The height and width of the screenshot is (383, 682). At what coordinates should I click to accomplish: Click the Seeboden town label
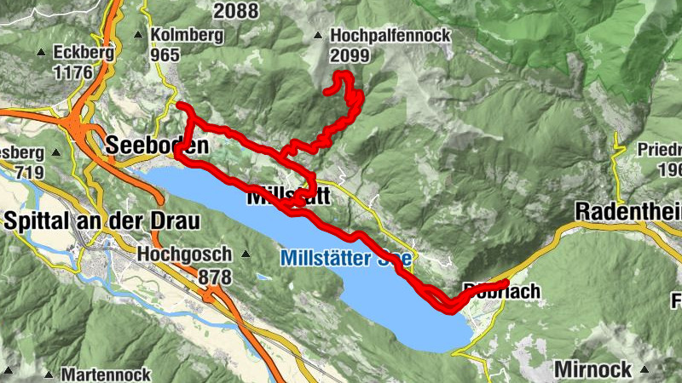pyautogui.click(x=157, y=146)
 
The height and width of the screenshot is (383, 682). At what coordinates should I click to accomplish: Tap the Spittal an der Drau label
pyautogui.click(x=101, y=220)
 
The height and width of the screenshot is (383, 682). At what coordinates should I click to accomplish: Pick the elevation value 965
pyautogui.click(x=165, y=54)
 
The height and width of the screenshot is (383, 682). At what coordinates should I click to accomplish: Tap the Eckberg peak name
pyautogui.click(x=83, y=52)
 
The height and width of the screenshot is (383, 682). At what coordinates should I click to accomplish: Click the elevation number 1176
pyautogui.click(x=72, y=71)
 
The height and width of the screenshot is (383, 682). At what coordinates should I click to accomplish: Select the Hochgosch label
pyautogui.click(x=184, y=254)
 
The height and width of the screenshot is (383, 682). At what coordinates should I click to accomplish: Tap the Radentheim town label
pyautogui.click(x=628, y=210)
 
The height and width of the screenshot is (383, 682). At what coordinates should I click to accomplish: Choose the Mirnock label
pyautogui.click(x=592, y=369)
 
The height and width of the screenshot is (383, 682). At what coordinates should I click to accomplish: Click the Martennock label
pyautogui.click(x=107, y=374)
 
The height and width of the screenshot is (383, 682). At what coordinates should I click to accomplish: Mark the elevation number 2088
pyautogui.click(x=236, y=11)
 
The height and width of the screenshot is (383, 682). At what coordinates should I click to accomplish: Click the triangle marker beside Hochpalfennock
pyautogui.click(x=318, y=37)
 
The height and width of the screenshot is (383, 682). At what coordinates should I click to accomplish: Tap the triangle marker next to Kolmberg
pyautogui.click(x=138, y=35)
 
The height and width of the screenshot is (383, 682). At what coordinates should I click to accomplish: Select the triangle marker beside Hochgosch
pyautogui.click(x=246, y=254)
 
